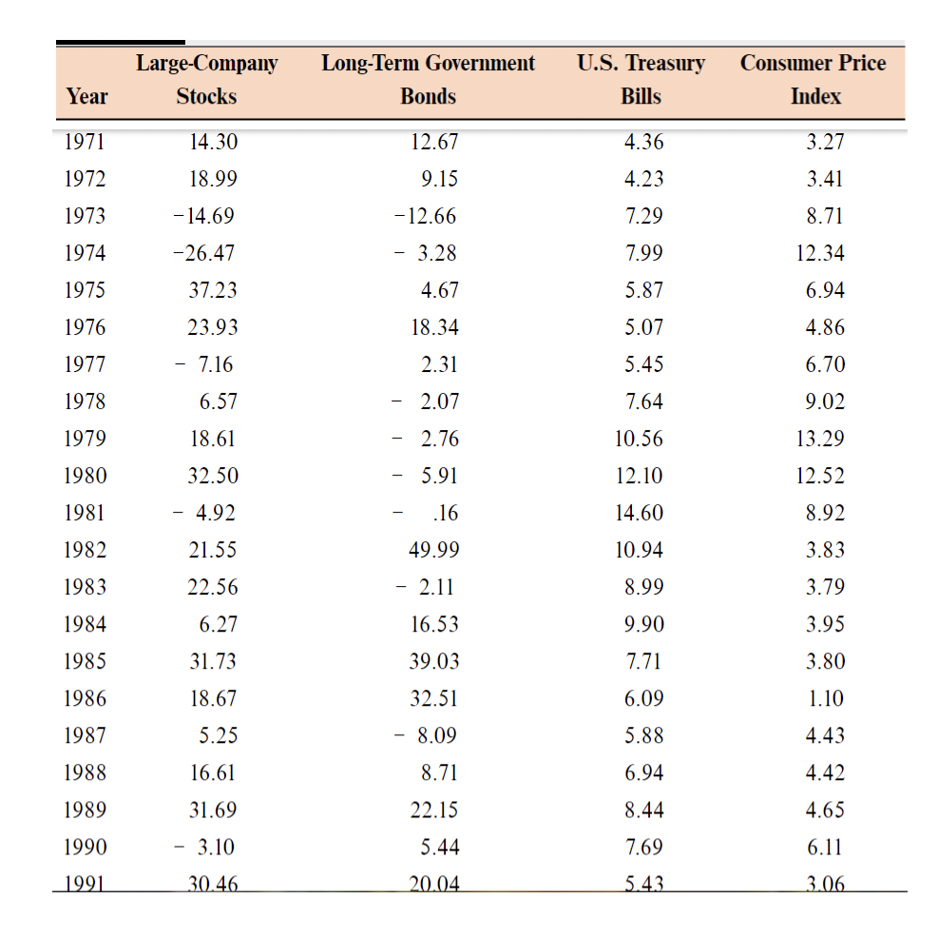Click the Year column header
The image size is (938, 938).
pyautogui.click(x=87, y=96)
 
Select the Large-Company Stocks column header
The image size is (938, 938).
pyautogui.click(x=207, y=80)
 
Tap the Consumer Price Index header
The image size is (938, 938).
pyautogui.click(x=814, y=80)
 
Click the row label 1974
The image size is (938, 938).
pyautogui.click(x=85, y=253)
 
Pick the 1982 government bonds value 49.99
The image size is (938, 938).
pyautogui.click(x=433, y=550)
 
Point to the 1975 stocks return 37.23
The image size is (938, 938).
pyautogui.click(x=213, y=290)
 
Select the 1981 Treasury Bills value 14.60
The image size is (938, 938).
pyautogui.click(x=639, y=513)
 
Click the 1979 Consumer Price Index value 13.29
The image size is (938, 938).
pyautogui.click(x=820, y=439)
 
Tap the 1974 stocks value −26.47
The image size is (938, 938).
pyautogui.click(x=203, y=253)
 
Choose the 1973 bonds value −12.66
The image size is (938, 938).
pyautogui.click(x=425, y=216)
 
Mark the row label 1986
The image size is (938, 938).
pyautogui.click(x=85, y=698)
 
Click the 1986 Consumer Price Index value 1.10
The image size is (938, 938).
pyautogui.click(x=825, y=698)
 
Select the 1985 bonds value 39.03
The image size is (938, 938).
pyautogui.click(x=433, y=661)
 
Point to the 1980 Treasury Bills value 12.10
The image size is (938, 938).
pyautogui.click(x=639, y=476)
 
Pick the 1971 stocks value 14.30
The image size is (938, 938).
pyautogui.click(x=213, y=142)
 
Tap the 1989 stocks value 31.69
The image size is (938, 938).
pyautogui.click(x=213, y=810)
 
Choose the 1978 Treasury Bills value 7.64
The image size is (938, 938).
pyautogui.click(x=644, y=401)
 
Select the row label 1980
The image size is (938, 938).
pyautogui.click(x=85, y=476)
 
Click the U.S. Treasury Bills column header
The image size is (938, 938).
pyautogui.click(x=641, y=80)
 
